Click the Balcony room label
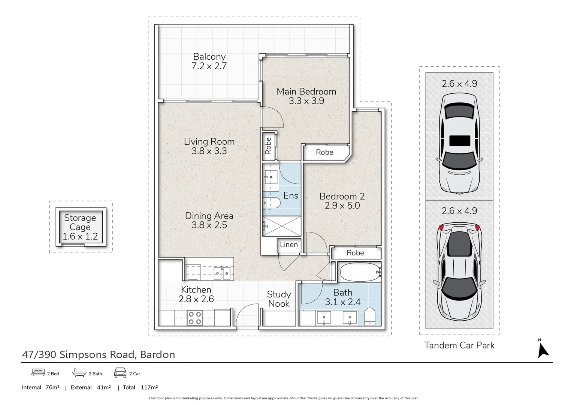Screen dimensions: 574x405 coord(209,57)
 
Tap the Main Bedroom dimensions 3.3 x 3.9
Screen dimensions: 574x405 coord(306,101)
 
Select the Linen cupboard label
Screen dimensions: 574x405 coord(289,245)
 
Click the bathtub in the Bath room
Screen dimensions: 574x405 coord(360,272)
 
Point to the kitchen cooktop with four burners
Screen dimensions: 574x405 coord(195,318)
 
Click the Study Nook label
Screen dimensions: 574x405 coord(279,299)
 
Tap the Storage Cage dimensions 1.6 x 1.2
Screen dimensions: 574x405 coord(80,237)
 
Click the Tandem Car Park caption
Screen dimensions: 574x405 coord(459,345)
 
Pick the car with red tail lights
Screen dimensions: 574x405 coord(459,271)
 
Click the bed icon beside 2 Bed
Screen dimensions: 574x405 coord(38,372)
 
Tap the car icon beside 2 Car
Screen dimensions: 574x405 coord(120,373)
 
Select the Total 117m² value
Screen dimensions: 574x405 coord(149,387)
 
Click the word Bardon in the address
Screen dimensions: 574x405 coord(158,355)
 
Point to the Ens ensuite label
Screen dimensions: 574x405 coord(291,196)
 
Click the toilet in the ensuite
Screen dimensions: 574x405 coord(272,203)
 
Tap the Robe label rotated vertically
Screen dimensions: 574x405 coord(268,146)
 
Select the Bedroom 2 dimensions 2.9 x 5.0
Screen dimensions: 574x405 coord(342,205)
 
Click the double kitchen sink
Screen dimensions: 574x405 coord(222,273)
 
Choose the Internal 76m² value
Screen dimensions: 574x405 coord(52,387)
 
